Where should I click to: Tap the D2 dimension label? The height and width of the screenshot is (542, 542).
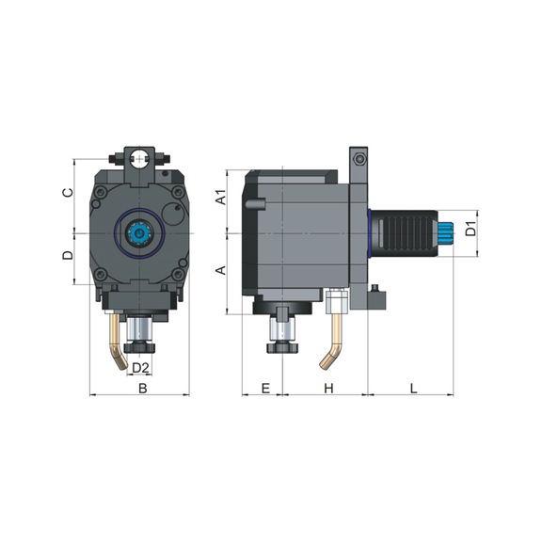click(x=140, y=367)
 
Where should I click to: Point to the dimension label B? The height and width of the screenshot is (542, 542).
click(x=143, y=388)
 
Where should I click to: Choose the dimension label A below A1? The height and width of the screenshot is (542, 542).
click(x=219, y=271)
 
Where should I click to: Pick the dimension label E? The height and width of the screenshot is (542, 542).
click(x=264, y=388)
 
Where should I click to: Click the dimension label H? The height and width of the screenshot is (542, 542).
click(x=327, y=388)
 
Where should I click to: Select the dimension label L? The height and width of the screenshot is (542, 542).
click(x=414, y=388)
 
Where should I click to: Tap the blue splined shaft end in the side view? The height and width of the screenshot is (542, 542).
click(x=449, y=230)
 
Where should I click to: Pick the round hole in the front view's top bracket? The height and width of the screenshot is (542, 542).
click(x=140, y=156)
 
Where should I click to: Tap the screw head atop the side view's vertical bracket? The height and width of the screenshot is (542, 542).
click(x=357, y=153)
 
